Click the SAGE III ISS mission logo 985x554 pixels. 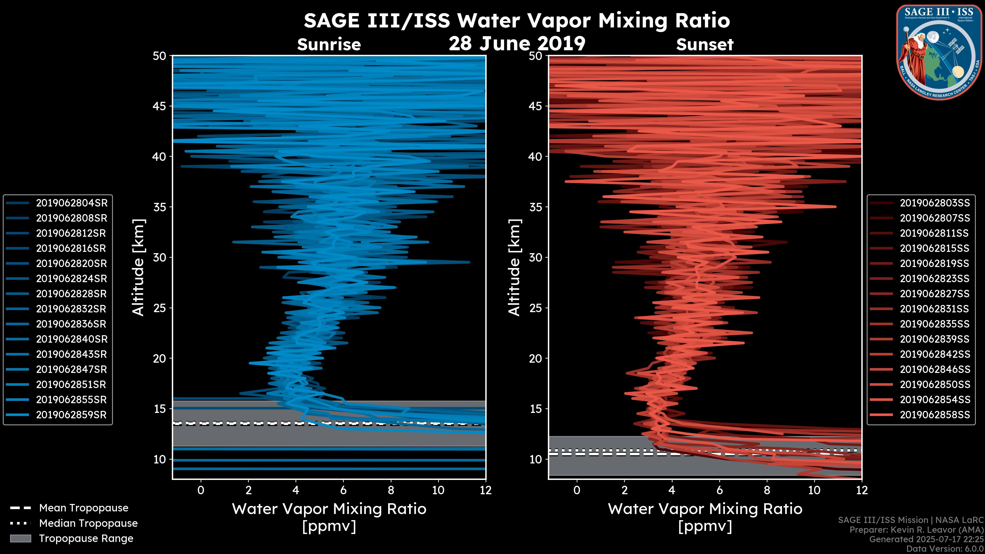tap(939, 52)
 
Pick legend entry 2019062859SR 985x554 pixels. tap(71, 415)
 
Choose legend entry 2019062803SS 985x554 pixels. tap(934, 203)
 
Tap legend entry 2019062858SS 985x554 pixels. tap(934, 415)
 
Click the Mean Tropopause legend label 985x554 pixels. tap(83, 508)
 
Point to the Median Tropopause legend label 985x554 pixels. tap(88, 523)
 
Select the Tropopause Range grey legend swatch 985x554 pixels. tap(20, 538)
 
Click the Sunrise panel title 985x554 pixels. tap(329, 45)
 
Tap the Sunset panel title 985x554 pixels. tap(705, 45)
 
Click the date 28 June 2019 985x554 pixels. tap(517, 44)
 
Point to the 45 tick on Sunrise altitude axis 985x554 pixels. tap(160, 106)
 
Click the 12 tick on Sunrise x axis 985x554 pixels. tap(486, 490)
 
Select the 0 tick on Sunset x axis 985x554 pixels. tap(577, 490)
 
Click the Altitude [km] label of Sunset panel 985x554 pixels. tap(514, 268)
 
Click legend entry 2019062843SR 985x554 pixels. tap(71, 354)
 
